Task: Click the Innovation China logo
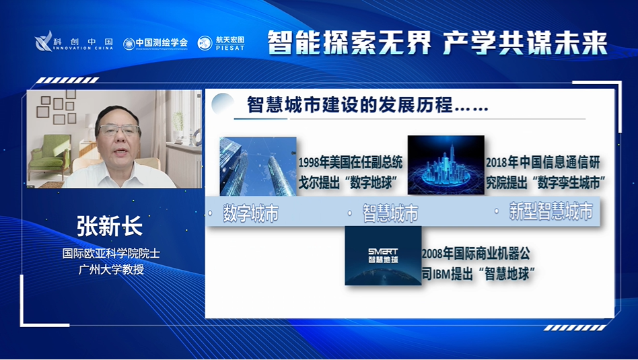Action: [x=74, y=42]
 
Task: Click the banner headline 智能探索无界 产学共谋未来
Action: [x=437, y=42]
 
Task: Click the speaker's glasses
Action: [x=118, y=130]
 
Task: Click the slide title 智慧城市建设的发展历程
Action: [x=367, y=106]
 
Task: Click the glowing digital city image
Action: [x=446, y=165]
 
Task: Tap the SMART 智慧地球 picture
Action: [x=383, y=255]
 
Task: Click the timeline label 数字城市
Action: [x=250, y=213]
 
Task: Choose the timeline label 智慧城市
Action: [x=390, y=213]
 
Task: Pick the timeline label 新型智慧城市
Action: [x=551, y=213]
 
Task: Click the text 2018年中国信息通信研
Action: [x=542, y=163]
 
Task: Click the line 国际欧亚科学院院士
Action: [x=111, y=254]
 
